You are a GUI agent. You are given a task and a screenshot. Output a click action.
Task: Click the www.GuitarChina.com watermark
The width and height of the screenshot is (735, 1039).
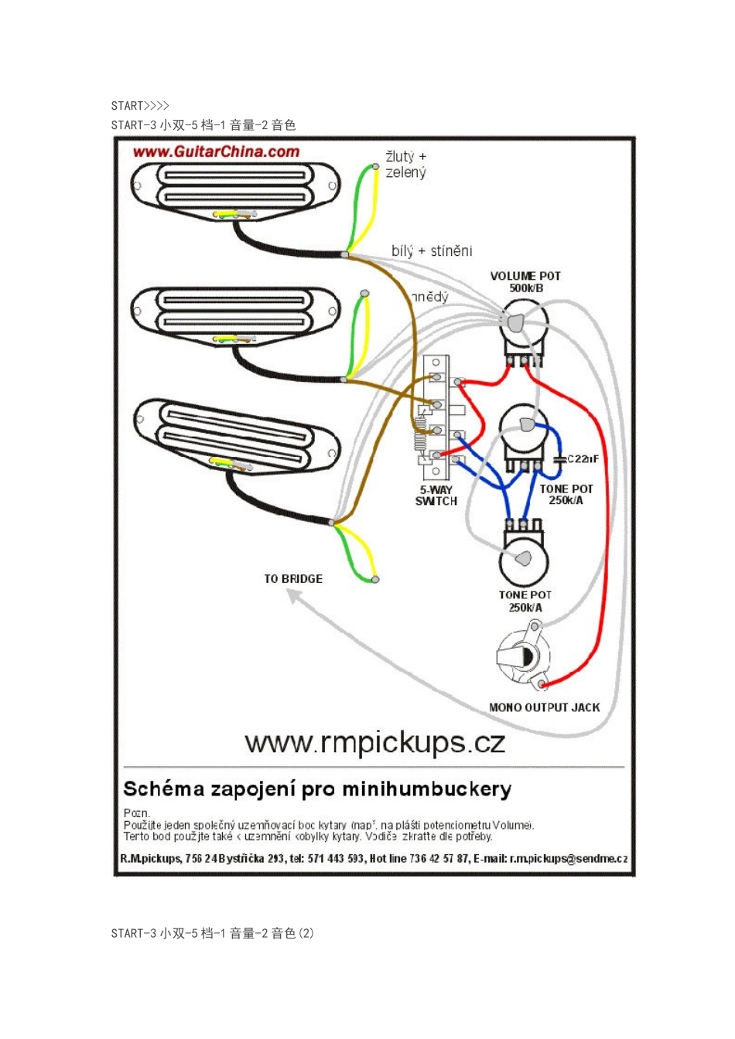tap(216, 152)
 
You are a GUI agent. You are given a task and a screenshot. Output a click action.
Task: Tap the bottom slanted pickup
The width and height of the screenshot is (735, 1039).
tap(237, 437)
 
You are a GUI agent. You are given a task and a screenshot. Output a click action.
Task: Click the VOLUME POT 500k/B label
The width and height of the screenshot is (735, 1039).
tap(525, 282)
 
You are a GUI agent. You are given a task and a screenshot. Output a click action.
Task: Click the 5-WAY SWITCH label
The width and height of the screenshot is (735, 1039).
tap(436, 496)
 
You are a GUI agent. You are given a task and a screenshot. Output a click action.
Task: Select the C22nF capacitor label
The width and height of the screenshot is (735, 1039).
tap(583, 459)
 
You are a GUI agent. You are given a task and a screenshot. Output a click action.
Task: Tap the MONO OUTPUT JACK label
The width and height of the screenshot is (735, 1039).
tap(544, 707)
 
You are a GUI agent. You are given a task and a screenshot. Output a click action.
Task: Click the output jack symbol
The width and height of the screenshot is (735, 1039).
tap(524, 656)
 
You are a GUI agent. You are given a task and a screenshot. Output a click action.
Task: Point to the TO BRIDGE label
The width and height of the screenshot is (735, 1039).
tap(293, 578)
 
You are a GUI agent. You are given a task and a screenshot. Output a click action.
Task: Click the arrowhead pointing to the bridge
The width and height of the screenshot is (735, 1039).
tap(293, 594)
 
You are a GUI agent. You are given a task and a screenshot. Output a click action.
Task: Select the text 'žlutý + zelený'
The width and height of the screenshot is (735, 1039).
tap(406, 165)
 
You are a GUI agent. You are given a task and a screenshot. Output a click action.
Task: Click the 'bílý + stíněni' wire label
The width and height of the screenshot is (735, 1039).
tap(432, 250)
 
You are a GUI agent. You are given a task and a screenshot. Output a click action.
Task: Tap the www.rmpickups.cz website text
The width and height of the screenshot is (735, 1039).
tap(374, 743)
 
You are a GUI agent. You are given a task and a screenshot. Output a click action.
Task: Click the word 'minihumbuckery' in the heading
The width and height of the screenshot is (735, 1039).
tap(426, 789)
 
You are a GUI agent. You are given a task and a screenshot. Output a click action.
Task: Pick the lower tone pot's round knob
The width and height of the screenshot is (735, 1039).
tap(524, 559)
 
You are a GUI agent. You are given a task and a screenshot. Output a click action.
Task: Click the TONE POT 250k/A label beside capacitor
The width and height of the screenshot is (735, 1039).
tap(566, 495)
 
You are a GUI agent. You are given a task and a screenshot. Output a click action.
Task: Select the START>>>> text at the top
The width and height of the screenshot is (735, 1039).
tap(140, 106)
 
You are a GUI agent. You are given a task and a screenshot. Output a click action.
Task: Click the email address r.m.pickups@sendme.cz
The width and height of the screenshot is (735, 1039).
tap(569, 859)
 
